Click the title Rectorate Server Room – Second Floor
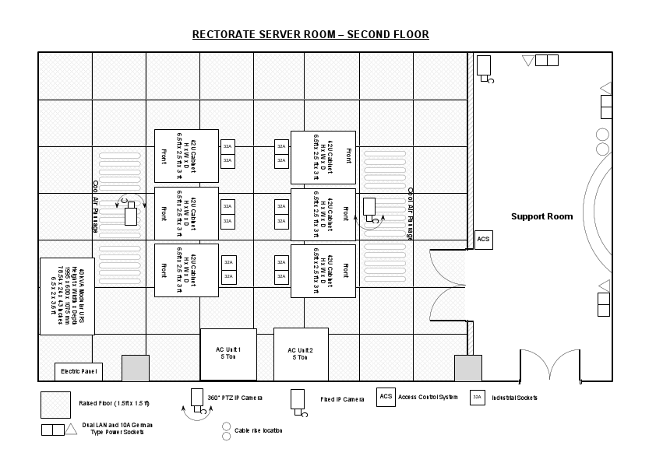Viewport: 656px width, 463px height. click(x=310, y=34)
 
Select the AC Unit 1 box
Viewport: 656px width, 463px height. click(x=228, y=354)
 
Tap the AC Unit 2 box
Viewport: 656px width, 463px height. click(x=300, y=354)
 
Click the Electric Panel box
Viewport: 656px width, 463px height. click(x=78, y=372)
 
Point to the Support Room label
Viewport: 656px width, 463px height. click(x=541, y=216)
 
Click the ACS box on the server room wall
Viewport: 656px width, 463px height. click(x=483, y=240)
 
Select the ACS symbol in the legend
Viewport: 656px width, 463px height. click(x=386, y=397)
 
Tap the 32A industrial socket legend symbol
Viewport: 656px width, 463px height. click(x=478, y=397)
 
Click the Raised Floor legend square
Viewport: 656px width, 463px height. click(x=55, y=404)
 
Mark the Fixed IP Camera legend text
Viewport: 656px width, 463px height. click(x=342, y=400)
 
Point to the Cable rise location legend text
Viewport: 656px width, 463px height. click(x=258, y=430)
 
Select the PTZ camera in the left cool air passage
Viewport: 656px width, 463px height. click(x=130, y=212)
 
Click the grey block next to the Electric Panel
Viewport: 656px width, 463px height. click(x=135, y=368)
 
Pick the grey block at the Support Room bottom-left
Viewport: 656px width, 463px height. click(x=468, y=368)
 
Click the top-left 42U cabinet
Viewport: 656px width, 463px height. click(x=186, y=156)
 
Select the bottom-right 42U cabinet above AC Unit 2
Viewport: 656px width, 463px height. click(x=323, y=270)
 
